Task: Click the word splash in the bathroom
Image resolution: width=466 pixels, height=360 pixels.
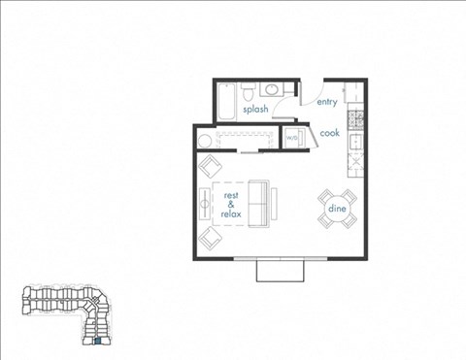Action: (255, 110)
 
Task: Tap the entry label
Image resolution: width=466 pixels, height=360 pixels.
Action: (326, 101)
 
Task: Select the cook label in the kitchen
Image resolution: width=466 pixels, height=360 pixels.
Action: (329, 133)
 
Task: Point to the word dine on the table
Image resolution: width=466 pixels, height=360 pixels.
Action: (337, 208)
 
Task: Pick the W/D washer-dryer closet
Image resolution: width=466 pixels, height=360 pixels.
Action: (291, 139)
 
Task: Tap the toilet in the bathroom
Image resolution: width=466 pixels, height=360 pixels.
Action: (249, 92)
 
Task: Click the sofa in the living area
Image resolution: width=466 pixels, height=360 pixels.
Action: (261, 203)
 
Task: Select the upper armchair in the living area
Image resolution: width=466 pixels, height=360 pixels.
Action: (211, 167)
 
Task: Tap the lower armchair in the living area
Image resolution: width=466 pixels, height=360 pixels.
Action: (210, 238)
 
